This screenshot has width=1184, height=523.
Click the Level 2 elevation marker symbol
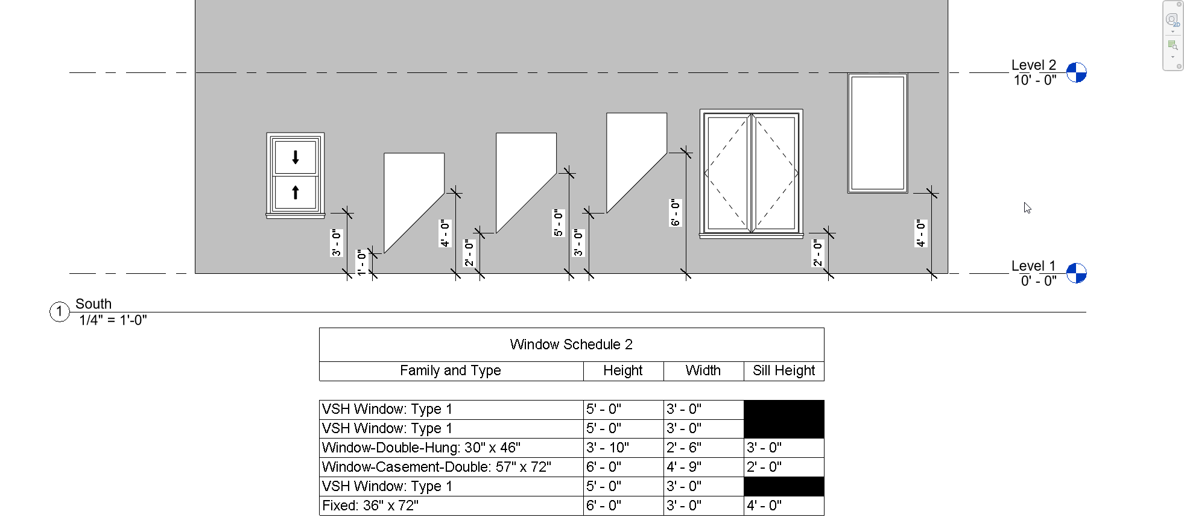[x=1076, y=72]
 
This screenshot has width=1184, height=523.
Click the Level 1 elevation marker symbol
[x=1076, y=273]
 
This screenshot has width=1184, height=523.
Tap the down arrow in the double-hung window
[x=296, y=157]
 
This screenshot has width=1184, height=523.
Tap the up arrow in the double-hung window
[x=296, y=192]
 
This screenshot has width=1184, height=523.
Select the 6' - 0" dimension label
[x=676, y=213]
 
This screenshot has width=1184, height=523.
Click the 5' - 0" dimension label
[x=559, y=223]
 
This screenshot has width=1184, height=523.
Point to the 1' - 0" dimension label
[x=361, y=262]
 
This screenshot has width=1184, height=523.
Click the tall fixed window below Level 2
[x=878, y=133]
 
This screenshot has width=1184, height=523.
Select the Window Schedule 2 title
[x=571, y=344]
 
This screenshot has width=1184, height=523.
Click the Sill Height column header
[x=784, y=370]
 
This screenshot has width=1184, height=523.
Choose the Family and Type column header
[x=451, y=370]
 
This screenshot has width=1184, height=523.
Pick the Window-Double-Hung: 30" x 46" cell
[x=421, y=448]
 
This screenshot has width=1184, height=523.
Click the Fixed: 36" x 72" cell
[x=370, y=506]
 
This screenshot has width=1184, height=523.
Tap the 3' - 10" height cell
[x=607, y=448]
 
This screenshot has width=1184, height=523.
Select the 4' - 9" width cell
[x=684, y=467]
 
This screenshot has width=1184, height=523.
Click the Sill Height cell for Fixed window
[x=764, y=506]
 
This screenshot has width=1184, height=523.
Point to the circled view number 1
[x=59, y=312]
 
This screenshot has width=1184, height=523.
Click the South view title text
[x=93, y=303]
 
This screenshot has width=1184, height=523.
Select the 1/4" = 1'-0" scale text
[x=113, y=320]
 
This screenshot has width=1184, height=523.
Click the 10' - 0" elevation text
[x=1035, y=80]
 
